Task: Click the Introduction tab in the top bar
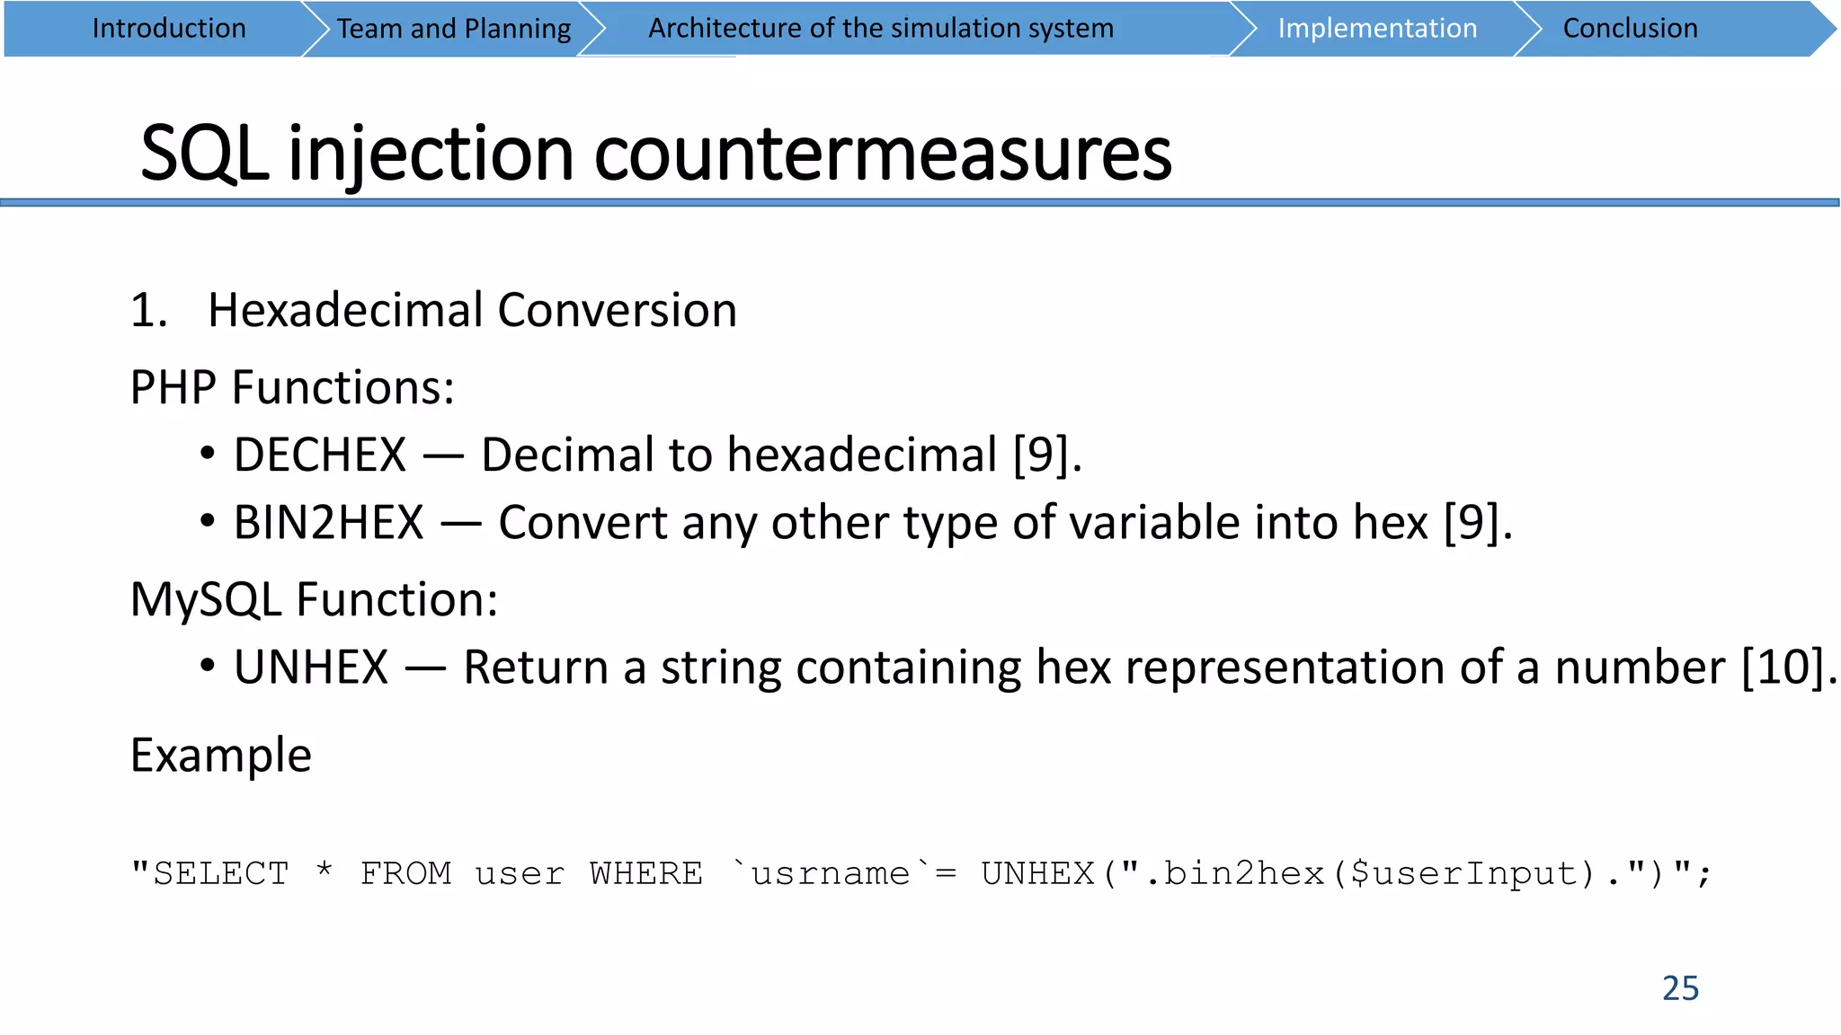click(x=169, y=29)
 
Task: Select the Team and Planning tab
click(x=454, y=29)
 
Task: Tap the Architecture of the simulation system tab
click(x=881, y=29)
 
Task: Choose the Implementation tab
click(x=1377, y=29)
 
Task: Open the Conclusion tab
click(x=1630, y=29)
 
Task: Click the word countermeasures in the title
click(x=883, y=154)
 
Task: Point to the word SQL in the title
click(x=205, y=154)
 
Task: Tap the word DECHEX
click(x=320, y=455)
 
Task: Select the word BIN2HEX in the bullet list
click(x=328, y=523)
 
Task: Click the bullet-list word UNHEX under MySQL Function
click(x=311, y=668)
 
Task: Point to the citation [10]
click(x=1787, y=668)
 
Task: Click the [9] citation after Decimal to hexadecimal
click(x=1045, y=455)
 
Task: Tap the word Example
click(x=221, y=756)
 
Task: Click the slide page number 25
click(x=1680, y=988)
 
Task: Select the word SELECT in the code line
click(x=221, y=873)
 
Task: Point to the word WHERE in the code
click(x=646, y=873)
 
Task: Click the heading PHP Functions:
click(x=292, y=388)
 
